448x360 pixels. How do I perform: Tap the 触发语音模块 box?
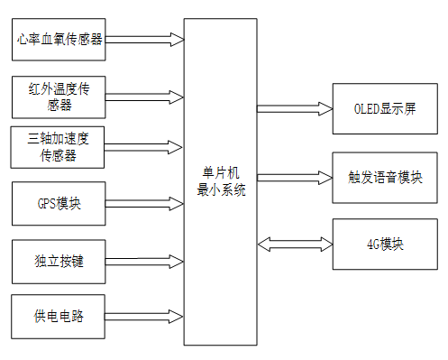[386, 176]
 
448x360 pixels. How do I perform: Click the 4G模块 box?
[386, 244]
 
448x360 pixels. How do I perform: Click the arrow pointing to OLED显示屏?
[295, 109]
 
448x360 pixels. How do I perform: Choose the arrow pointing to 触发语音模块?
[295, 175]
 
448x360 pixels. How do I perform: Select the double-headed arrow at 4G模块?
[295, 244]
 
